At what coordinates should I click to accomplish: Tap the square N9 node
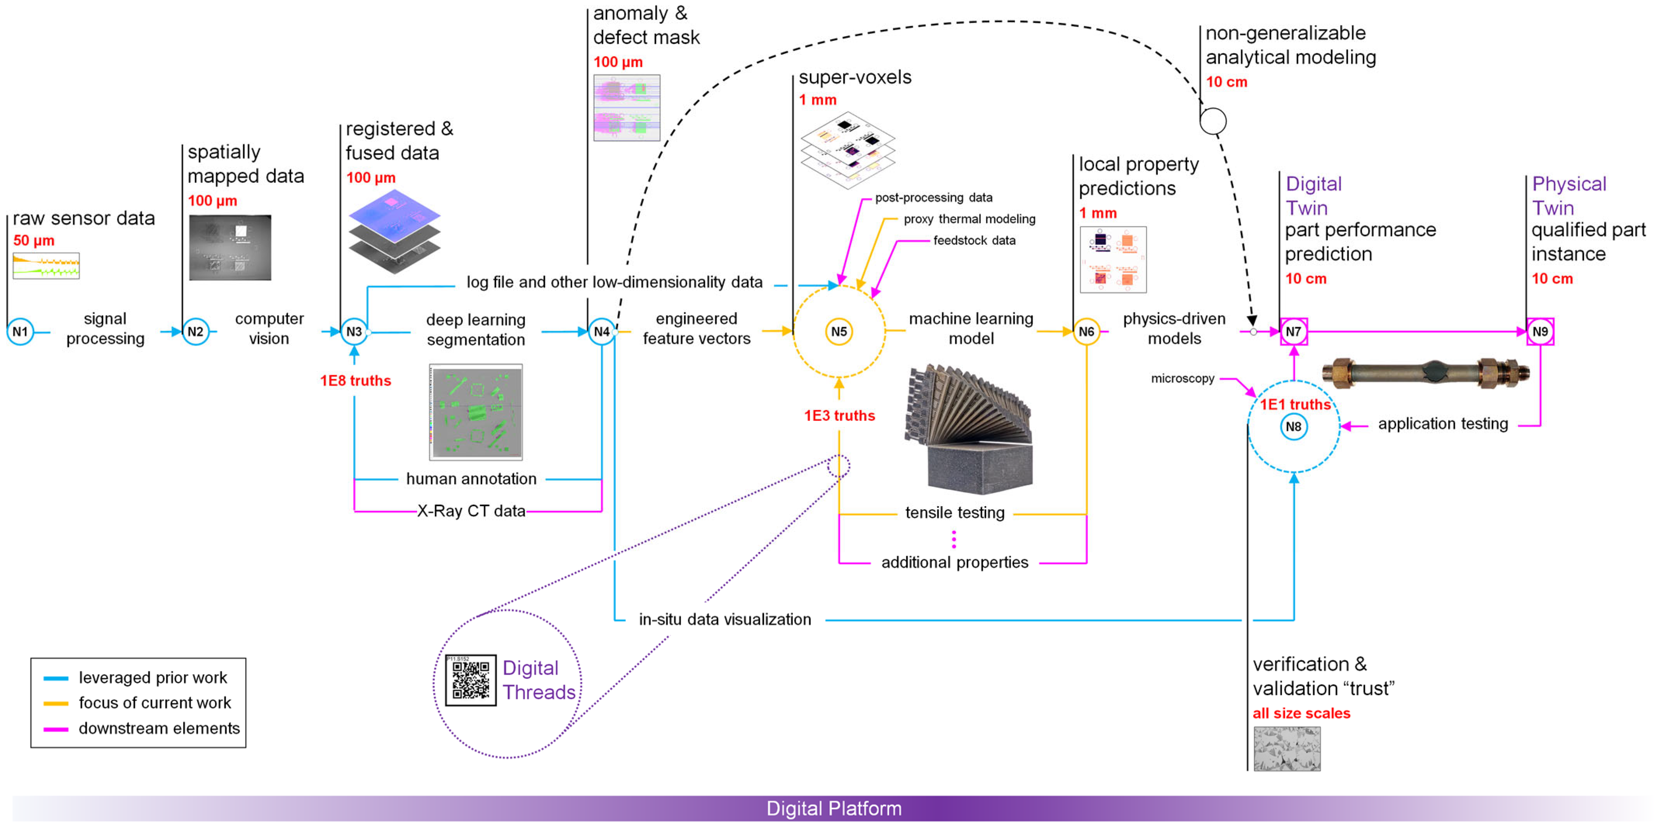1540,332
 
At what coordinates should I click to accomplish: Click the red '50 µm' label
34,241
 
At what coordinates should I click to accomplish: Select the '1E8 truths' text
356,381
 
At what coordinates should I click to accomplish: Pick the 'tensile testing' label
955,513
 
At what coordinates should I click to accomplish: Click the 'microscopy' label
1182,379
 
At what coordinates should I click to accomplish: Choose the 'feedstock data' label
974,241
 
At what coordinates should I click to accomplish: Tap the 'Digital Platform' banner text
834,809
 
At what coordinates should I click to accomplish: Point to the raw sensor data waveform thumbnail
46,266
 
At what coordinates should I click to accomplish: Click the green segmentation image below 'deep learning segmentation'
476,412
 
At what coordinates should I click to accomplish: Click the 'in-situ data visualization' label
725,620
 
